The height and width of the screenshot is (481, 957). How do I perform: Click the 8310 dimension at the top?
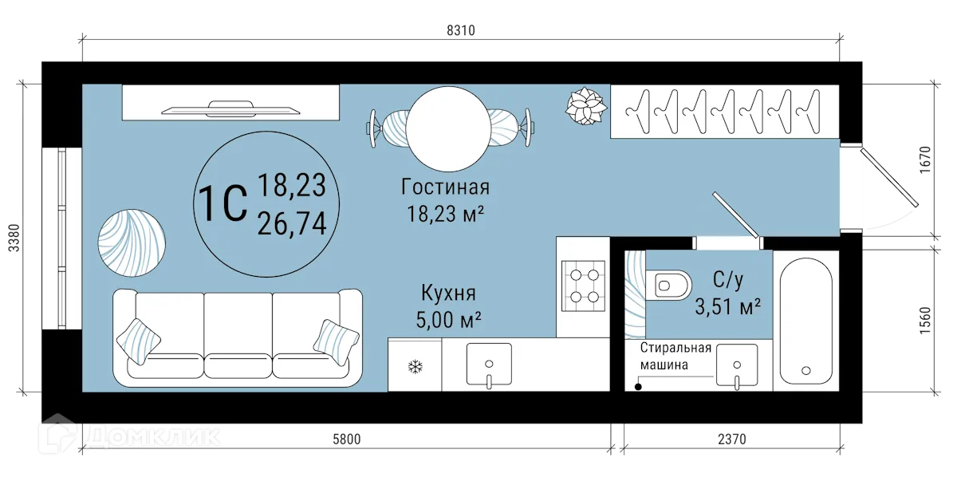pos(461,31)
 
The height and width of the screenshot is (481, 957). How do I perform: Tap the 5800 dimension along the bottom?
pos(348,438)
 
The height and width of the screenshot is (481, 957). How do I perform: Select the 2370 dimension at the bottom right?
pos(732,438)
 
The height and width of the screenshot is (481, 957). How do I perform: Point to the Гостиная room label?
pos(445,188)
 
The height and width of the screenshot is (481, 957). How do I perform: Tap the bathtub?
pos(805,320)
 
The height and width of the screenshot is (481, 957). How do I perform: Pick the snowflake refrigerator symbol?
pos(415,366)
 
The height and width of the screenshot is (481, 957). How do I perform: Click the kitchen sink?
pos(488,364)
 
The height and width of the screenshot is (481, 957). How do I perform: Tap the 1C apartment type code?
pos(221,203)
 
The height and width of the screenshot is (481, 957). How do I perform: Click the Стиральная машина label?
pos(675,357)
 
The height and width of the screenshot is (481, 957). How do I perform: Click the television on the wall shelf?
pos(229,109)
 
